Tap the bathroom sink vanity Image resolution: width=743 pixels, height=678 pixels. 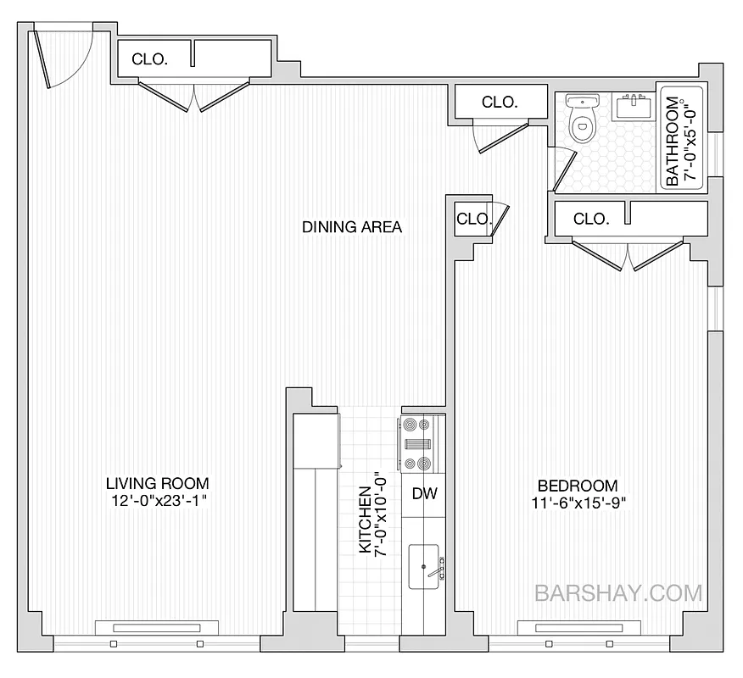click(633, 107)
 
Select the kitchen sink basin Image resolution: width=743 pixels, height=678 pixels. click(424, 566)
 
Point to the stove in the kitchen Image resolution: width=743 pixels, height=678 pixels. click(416, 443)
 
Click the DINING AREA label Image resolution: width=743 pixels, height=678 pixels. click(352, 227)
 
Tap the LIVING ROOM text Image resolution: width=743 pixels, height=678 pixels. click(157, 483)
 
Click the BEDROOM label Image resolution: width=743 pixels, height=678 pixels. click(578, 486)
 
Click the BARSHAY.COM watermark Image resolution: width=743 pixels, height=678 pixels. click(619, 592)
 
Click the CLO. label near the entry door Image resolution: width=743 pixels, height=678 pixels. click(150, 59)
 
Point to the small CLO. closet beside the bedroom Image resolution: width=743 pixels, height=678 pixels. click(472, 219)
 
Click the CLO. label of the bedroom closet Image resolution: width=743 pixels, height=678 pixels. click(591, 219)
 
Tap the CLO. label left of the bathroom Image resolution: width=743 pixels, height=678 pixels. click(500, 102)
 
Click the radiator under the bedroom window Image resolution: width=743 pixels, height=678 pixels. click(576, 628)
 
